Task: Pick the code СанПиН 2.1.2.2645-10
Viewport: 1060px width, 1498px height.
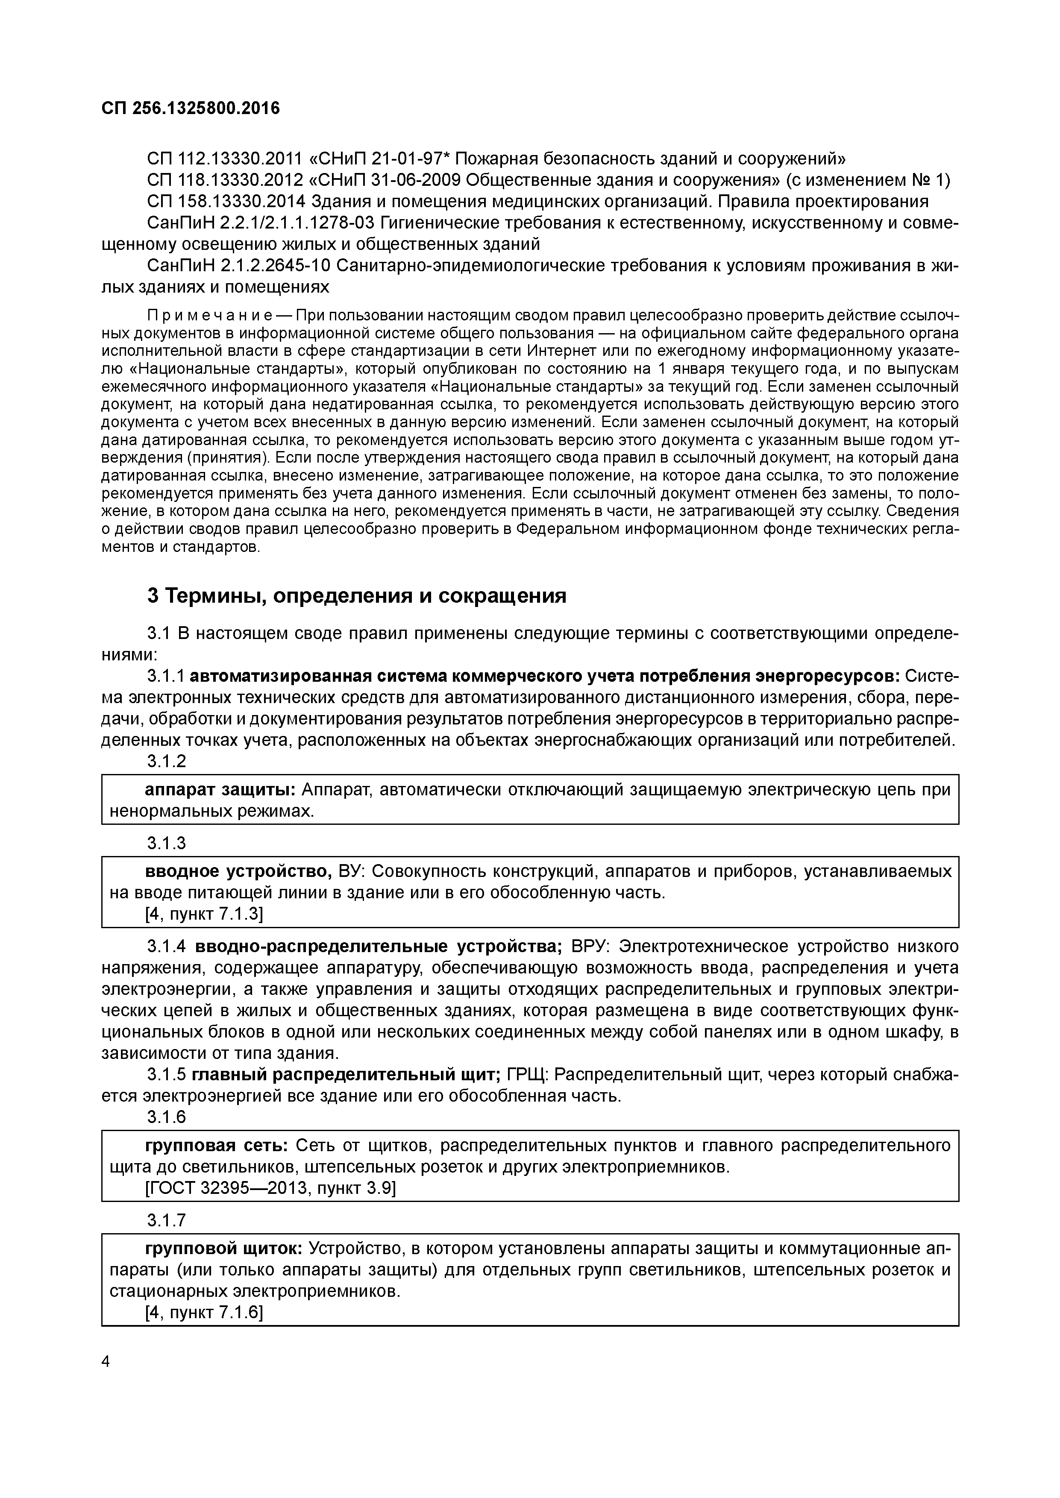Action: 240,266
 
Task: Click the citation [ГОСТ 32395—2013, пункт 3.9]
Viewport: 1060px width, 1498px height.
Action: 270,1188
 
